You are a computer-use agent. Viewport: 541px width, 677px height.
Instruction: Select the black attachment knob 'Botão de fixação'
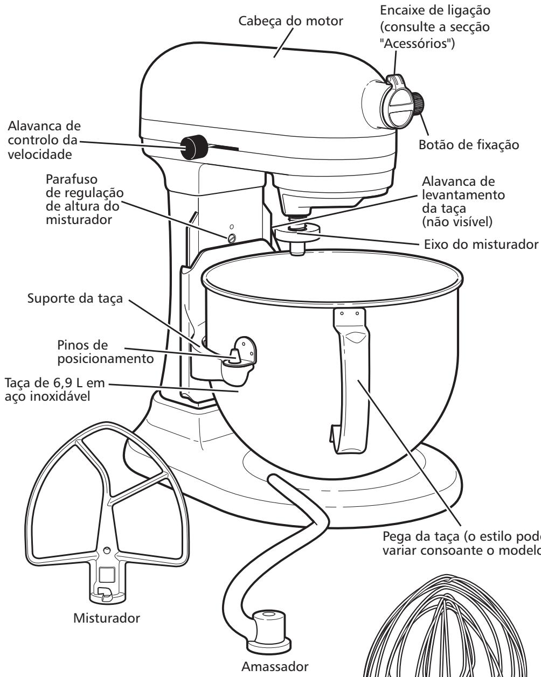tap(418, 103)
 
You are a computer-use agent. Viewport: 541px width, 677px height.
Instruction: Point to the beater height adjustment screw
tap(231, 238)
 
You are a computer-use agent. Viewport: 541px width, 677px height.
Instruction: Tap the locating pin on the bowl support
tap(233, 354)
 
